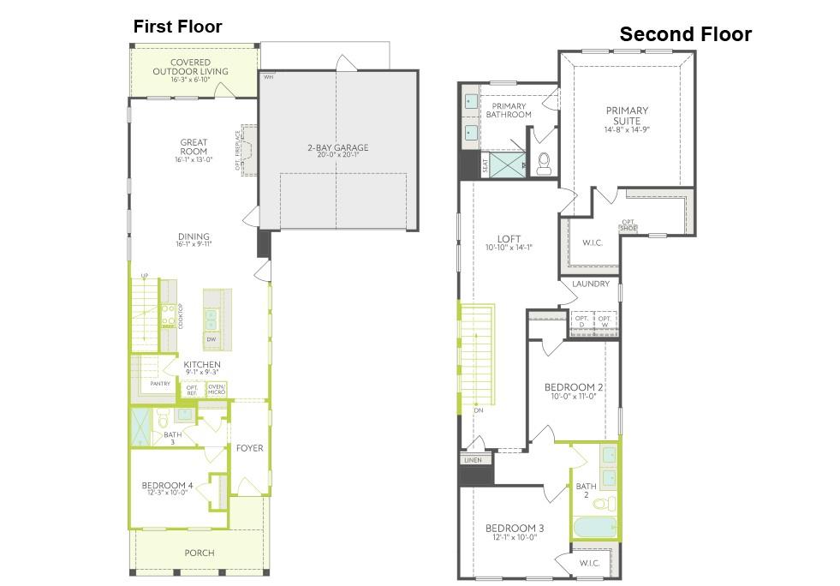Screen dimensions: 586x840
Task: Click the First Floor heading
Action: (177, 27)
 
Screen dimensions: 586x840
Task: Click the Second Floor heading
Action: (685, 34)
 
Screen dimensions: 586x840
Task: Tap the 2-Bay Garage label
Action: (337, 148)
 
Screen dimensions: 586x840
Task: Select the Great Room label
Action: (194, 146)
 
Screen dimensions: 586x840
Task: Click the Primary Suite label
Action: (627, 116)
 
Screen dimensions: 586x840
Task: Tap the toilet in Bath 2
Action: (605, 503)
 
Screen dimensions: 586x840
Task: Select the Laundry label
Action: (591, 284)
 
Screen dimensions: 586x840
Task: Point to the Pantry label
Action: (160, 384)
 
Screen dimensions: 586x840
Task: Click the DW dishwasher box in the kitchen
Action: (211, 339)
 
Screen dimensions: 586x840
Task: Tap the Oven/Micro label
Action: (216, 390)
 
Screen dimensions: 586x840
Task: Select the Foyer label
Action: (250, 448)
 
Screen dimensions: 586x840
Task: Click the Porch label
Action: (200, 553)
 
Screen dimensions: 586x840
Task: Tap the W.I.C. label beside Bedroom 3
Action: (589, 563)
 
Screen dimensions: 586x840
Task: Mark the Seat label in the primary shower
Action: (486, 164)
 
